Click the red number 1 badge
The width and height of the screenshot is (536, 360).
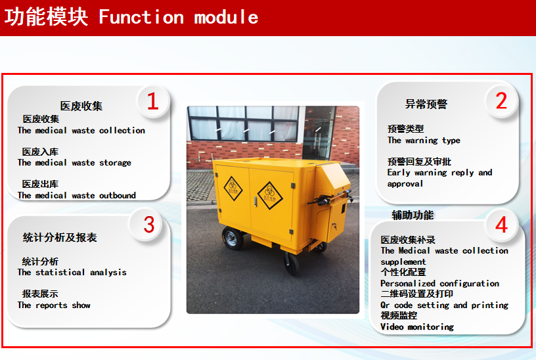pos(153,101)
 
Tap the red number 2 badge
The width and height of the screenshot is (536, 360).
pos(501,101)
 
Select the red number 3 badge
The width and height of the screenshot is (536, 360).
pos(148,225)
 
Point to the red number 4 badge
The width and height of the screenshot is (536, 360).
pos(501,225)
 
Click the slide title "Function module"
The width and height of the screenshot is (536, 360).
pos(179,17)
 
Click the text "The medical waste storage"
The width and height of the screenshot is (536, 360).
pos(74,163)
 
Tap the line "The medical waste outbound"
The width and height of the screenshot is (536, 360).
pos(77,196)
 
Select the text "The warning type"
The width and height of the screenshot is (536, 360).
pos(424,141)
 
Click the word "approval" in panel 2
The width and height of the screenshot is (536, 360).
pos(405,184)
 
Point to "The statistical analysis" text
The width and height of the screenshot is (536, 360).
pos(72,273)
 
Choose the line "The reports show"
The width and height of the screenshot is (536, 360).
pos(54,305)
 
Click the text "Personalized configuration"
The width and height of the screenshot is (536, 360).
pos(439,283)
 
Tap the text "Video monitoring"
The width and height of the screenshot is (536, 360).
pos(417,327)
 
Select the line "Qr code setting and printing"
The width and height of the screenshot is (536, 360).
pos(445,305)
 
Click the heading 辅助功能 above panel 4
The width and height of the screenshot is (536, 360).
pos(413,215)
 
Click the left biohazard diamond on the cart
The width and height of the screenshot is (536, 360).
pos(233,189)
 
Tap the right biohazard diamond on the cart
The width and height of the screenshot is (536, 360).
pos(270,196)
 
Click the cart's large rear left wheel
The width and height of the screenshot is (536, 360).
pos(233,238)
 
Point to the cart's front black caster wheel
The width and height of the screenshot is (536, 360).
pos(291,263)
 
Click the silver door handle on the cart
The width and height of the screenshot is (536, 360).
pos(256,202)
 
